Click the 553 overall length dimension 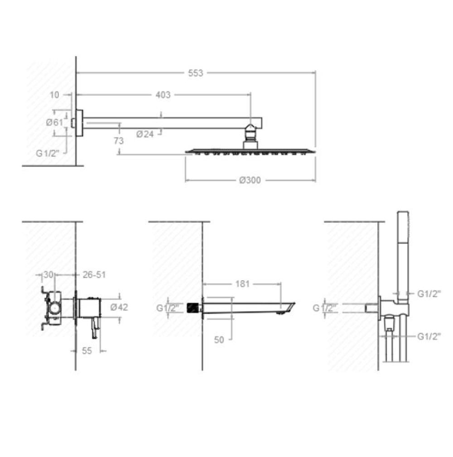click(x=195, y=73)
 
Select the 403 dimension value click(x=163, y=95)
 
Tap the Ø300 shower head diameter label click(x=250, y=180)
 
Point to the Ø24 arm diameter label click(x=145, y=134)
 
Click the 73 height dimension click(x=119, y=141)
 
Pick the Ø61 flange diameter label click(x=54, y=122)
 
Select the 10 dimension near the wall click(x=54, y=95)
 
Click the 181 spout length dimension click(x=242, y=284)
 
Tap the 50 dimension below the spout click(x=219, y=340)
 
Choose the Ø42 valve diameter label click(x=119, y=307)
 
